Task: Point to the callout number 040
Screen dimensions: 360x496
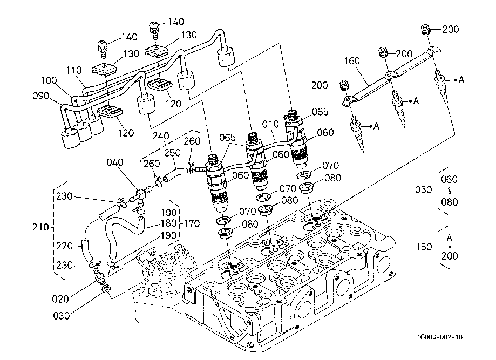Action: point(114,162)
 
